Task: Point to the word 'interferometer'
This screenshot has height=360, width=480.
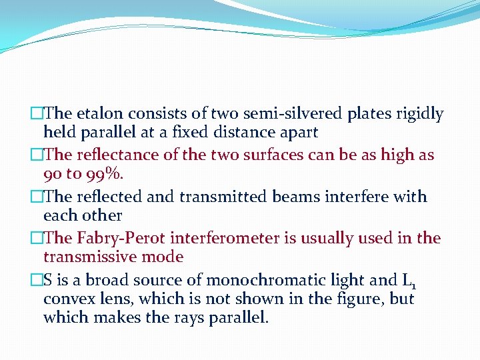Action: coord(229,238)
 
